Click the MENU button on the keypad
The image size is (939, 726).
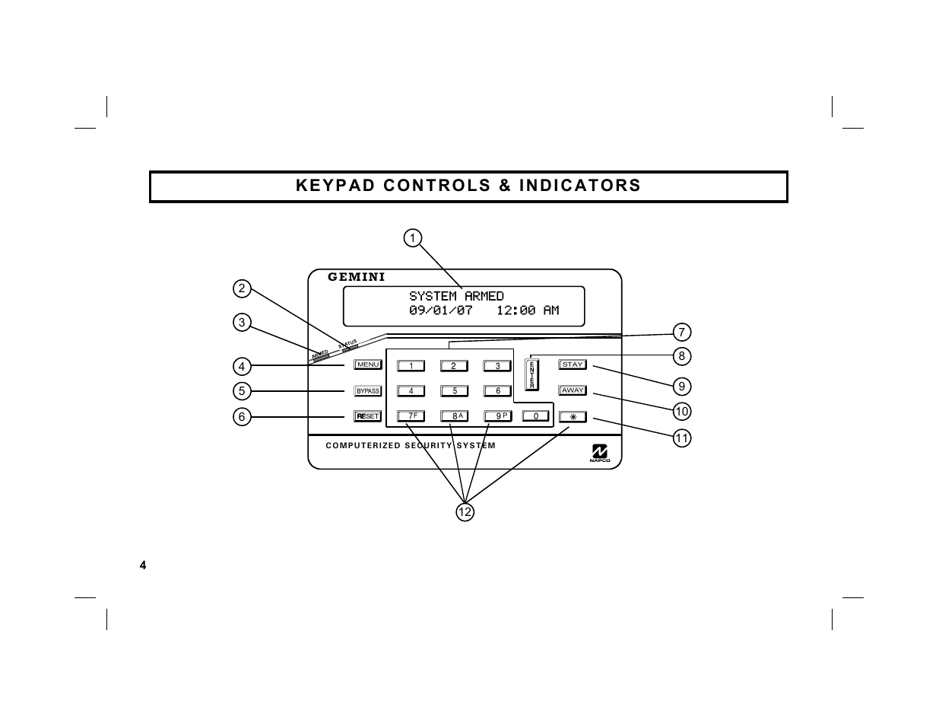[x=368, y=365]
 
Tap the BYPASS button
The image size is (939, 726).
[x=368, y=391]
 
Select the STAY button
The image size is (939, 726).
[x=573, y=365]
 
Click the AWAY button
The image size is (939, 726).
[x=573, y=390]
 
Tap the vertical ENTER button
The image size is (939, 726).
[x=532, y=375]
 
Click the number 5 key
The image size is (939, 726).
[x=455, y=391]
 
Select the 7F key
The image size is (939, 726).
[x=411, y=416]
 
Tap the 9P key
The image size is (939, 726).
[x=498, y=416]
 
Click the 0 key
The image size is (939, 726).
[x=536, y=416]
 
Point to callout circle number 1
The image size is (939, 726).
[x=412, y=238]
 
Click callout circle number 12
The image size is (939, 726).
[x=465, y=512]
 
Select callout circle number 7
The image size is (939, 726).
[x=682, y=333]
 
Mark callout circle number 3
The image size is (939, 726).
[x=242, y=322]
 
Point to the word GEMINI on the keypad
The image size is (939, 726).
[x=356, y=277]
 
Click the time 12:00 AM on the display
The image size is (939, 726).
[x=528, y=310]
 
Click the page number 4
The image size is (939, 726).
[x=142, y=565]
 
